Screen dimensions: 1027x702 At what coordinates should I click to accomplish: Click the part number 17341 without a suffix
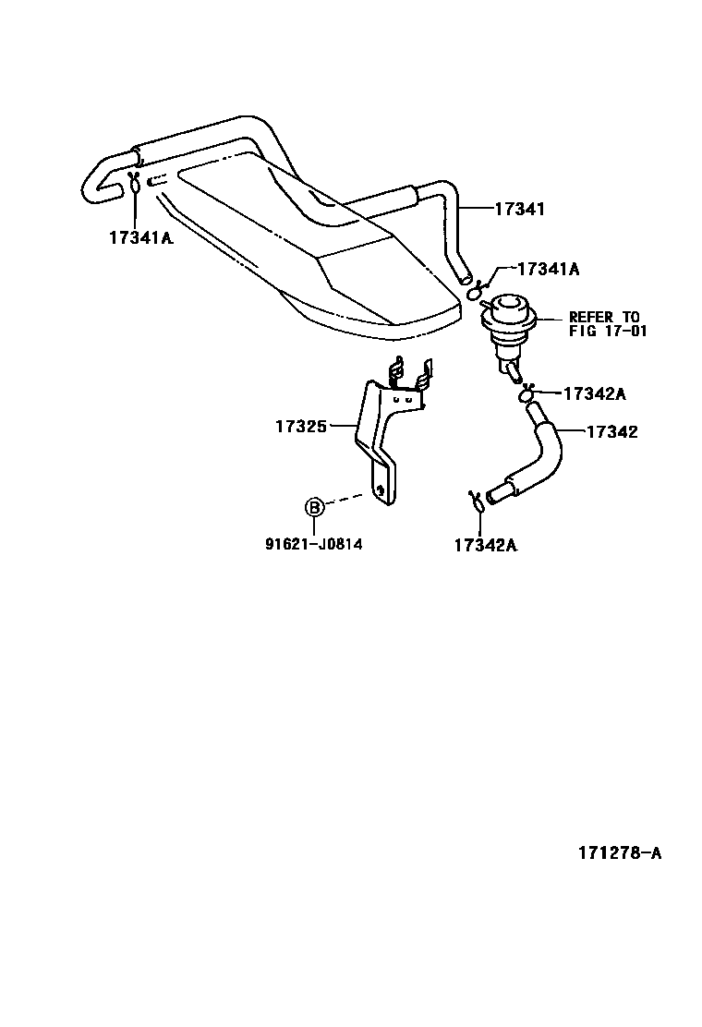click(x=519, y=210)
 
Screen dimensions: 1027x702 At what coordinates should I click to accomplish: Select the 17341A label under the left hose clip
click(x=141, y=237)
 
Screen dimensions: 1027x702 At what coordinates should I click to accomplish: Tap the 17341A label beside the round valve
click(x=548, y=269)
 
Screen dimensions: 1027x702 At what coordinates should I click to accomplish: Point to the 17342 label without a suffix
click(x=612, y=431)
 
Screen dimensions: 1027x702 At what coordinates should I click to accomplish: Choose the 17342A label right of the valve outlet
click(x=594, y=393)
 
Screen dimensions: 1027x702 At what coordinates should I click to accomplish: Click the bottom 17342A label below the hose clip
click(x=485, y=545)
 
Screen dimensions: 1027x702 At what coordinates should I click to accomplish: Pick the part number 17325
click(x=301, y=426)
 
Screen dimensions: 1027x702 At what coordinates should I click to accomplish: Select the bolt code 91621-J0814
click(x=314, y=544)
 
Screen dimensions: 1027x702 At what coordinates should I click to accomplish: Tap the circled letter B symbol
click(x=314, y=506)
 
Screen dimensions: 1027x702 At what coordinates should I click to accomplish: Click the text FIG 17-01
click(x=607, y=330)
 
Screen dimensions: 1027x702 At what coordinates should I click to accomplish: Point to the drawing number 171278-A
click(x=620, y=853)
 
